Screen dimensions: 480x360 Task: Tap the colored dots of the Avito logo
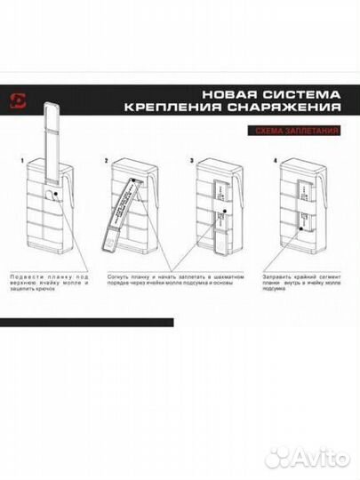(280, 457)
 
